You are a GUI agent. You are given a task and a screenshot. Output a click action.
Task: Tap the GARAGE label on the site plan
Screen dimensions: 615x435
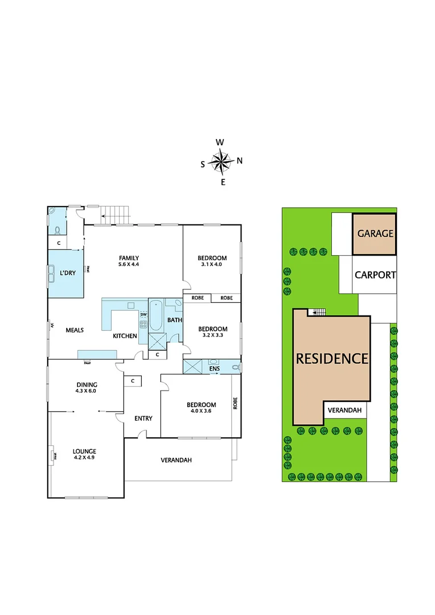click(x=375, y=233)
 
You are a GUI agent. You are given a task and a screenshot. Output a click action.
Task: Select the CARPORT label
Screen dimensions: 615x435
click(x=375, y=274)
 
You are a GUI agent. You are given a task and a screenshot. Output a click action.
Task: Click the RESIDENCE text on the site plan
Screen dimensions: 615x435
click(x=332, y=359)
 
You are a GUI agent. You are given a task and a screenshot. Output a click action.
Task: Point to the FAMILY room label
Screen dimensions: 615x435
click(x=129, y=257)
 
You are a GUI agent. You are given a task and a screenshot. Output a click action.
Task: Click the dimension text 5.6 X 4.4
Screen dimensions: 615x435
click(x=129, y=264)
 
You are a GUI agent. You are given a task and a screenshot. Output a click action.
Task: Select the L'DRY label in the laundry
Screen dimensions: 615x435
click(x=68, y=273)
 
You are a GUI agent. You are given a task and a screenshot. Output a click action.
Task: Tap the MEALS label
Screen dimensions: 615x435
click(x=75, y=330)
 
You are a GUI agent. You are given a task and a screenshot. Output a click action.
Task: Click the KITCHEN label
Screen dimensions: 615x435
click(x=125, y=336)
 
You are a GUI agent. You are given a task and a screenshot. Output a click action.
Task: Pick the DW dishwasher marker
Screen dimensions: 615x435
click(x=143, y=315)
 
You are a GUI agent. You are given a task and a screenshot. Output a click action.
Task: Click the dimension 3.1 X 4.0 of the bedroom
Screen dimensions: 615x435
click(x=214, y=264)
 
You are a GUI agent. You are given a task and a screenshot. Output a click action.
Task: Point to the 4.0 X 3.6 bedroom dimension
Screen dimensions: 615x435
click(x=202, y=412)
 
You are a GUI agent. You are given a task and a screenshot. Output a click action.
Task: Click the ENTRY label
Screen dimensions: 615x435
click(x=143, y=419)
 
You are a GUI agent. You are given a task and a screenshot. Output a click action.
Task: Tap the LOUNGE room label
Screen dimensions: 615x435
click(x=85, y=451)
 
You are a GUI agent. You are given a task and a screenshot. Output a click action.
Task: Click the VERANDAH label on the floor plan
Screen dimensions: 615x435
click(x=176, y=460)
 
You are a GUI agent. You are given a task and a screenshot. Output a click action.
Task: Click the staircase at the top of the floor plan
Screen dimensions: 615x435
click(x=116, y=215)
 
